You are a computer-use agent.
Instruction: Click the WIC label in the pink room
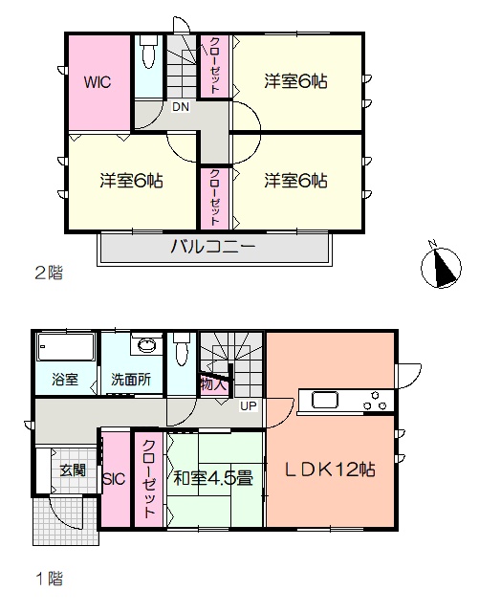[98, 82]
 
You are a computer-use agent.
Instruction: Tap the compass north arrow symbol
[441, 268]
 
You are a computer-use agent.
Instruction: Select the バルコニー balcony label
[213, 247]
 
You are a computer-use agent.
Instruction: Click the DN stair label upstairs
[181, 106]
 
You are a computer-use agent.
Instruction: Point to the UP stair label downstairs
[249, 406]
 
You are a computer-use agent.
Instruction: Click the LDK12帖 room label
[330, 470]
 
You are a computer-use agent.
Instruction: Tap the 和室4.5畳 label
[213, 478]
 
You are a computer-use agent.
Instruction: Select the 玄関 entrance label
[73, 470]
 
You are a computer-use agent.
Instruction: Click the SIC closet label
[114, 478]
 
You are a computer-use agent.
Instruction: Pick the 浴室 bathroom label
[65, 380]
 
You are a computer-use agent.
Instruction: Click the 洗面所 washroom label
[131, 380]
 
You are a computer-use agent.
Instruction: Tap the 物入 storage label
[213, 384]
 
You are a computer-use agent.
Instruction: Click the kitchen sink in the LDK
[325, 400]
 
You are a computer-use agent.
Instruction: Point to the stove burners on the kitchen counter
[375, 401]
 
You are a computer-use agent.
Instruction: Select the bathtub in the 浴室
[66, 347]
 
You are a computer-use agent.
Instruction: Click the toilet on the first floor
[181, 348]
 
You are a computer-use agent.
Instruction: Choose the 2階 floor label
[49, 273]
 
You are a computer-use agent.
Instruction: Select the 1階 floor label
[50, 578]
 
